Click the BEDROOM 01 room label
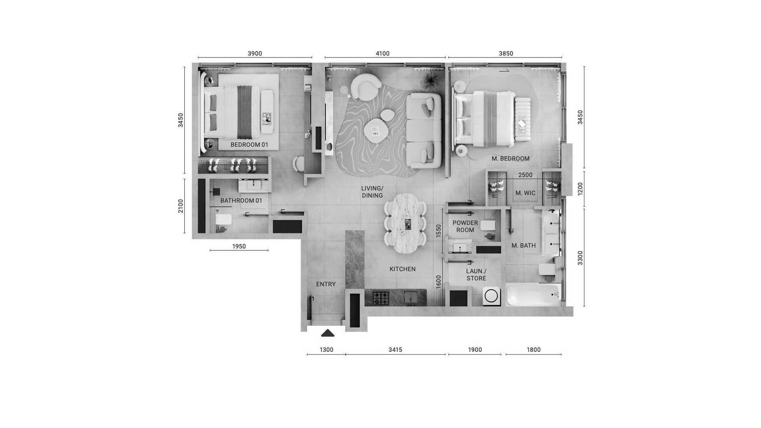249,145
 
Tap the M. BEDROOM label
511,159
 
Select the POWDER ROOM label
465,226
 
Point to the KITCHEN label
402,269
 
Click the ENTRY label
326,284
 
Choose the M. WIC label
525,193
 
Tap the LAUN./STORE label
476,275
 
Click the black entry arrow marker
327,333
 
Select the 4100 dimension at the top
382,53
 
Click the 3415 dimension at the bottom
395,350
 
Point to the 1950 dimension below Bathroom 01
239,246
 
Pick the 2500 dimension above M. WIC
526,175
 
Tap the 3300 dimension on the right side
580,258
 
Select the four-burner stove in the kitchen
380,298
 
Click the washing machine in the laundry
491,296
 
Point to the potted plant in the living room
429,80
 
